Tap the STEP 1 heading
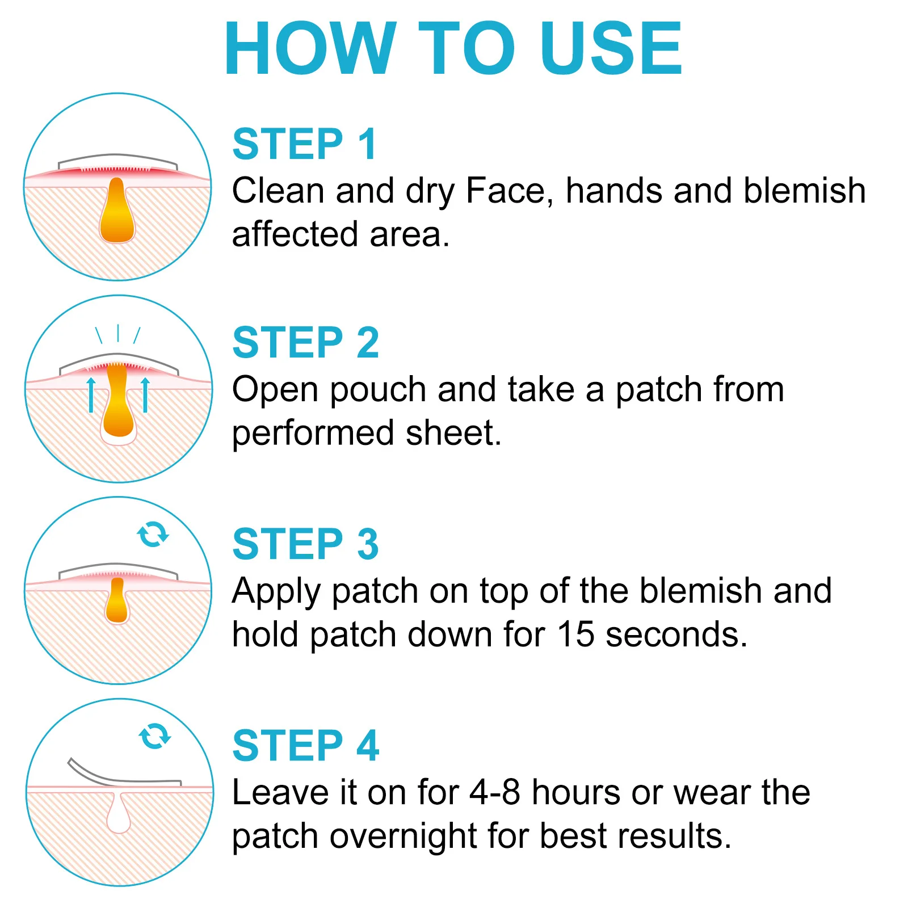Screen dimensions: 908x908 [305, 144]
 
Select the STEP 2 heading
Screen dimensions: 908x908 [305, 343]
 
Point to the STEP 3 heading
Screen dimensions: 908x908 [305, 544]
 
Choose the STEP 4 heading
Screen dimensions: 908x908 [305, 746]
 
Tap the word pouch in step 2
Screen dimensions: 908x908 [378, 390]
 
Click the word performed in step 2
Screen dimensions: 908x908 [313, 434]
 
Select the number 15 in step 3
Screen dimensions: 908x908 [575, 634]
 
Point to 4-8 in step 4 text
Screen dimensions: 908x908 [495, 792]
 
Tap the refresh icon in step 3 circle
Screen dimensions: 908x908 [153, 534]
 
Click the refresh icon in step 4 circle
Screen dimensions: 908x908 [154, 736]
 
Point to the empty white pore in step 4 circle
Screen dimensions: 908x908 [119, 815]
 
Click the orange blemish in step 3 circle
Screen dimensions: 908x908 [117, 603]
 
